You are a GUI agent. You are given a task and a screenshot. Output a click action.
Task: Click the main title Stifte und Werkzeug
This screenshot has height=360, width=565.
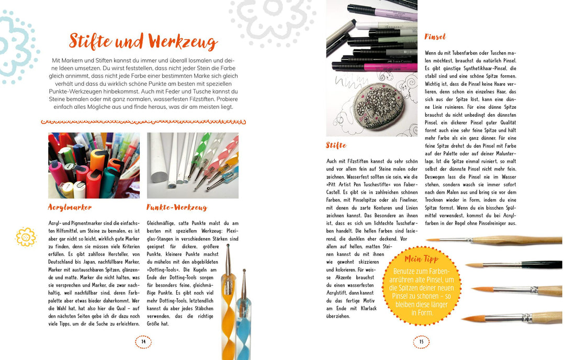point(143,41)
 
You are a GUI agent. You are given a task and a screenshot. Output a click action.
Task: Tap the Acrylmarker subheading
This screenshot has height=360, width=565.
point(70,207)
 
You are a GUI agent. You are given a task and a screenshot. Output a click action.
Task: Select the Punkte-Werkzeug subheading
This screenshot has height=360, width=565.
point(177,207)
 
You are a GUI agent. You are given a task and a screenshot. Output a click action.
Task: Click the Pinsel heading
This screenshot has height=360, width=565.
point(435,37)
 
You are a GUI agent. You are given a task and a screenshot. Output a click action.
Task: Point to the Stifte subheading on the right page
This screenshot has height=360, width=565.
point(336,145)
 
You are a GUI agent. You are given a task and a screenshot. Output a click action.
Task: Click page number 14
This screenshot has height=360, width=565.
point(143,342)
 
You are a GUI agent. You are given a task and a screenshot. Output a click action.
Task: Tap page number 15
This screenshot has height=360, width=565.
point(421,342)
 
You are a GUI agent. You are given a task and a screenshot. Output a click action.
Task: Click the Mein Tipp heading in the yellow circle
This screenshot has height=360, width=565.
point(421,259)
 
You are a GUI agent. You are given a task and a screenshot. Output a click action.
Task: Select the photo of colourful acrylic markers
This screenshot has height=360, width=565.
point(94,165)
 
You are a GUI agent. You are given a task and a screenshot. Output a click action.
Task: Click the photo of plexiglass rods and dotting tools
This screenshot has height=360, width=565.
point(193,165)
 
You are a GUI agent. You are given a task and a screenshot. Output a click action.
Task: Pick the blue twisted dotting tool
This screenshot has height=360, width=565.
point(245,324)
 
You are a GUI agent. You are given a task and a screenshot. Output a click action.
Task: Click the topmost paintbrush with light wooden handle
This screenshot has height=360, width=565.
point(502,240)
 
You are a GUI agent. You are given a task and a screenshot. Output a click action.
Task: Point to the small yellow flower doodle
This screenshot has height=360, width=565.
point(26,237)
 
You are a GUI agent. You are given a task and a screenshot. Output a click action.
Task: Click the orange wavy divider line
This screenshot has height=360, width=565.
point(143,122)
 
